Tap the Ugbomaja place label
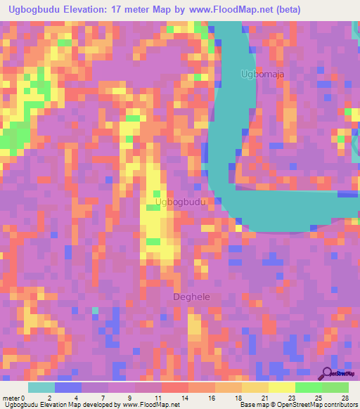point(262,73)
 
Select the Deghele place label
point(191,297)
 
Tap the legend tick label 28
point(345,398)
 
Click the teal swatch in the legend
point(41,387)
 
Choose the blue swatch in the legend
point(67,387)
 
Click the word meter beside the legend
point(11,398)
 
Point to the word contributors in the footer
point(337,404)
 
